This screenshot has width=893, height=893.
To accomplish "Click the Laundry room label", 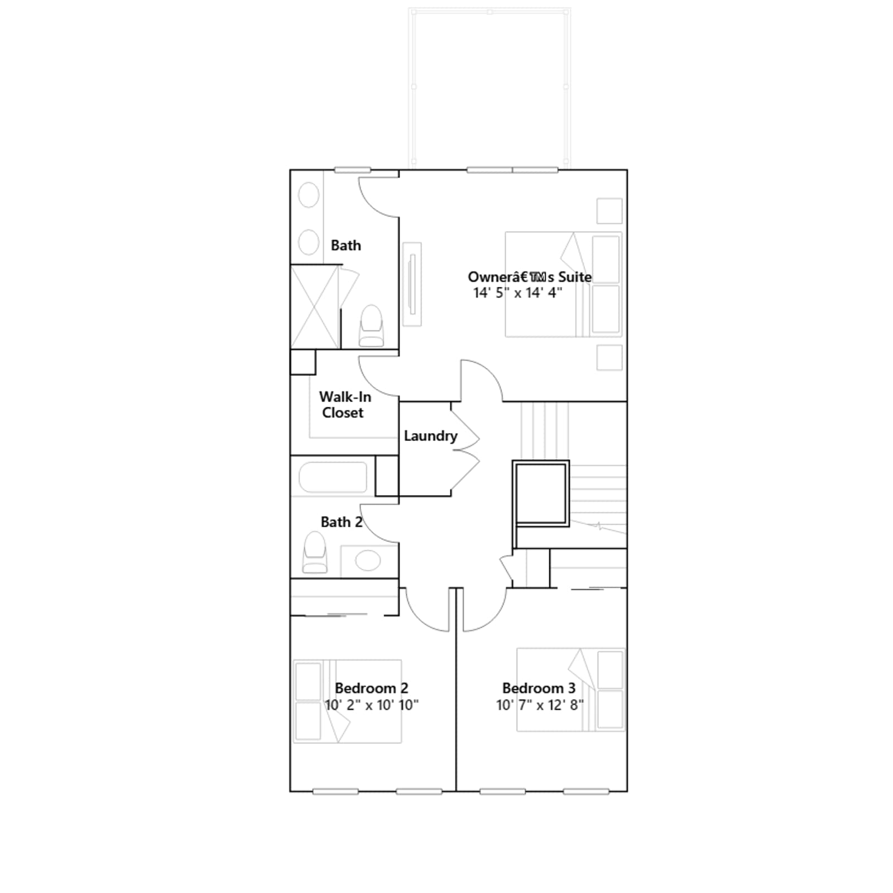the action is (x=430, y=436).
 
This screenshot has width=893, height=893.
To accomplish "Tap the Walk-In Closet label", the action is (x=344, y=405).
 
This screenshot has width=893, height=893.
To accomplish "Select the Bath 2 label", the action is (x=341, y=522).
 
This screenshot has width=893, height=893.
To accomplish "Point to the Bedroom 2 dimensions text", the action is (x=371, y=705).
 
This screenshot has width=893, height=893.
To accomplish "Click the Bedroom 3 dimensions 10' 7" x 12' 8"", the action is (x=540, y=705).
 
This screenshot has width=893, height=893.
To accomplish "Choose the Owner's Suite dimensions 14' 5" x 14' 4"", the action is (x=517, y=292).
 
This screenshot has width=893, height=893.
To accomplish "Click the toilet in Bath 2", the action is (x=315, y=552).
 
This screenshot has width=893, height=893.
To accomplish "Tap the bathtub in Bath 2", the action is (x=333, y=477).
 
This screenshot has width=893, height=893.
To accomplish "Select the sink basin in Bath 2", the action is (x=368, y=560).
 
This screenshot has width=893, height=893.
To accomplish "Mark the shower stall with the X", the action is (x=315, y=307).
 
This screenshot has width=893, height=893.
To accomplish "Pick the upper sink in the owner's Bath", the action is (x=309, y=195).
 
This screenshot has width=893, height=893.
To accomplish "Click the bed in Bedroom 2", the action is (x=347, y=701).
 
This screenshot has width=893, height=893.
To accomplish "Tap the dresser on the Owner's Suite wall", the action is (x=412, y=284).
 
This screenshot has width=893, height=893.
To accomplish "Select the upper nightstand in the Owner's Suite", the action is (x=609, y=211).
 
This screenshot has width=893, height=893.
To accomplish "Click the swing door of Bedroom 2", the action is (x=428, y=610).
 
